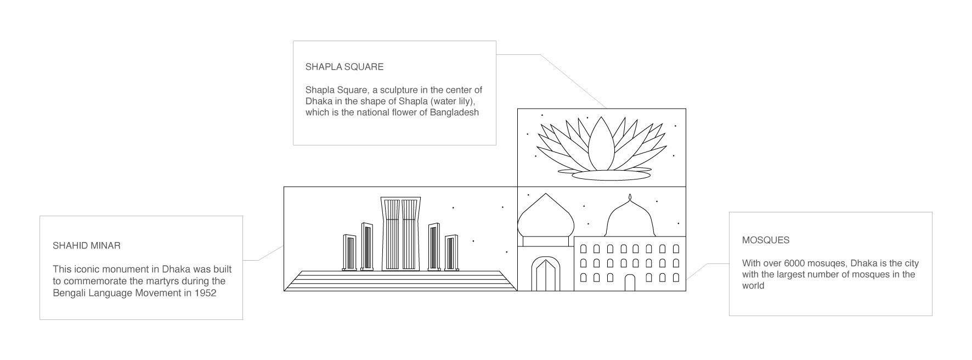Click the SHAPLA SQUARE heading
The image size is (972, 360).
coord(344,67)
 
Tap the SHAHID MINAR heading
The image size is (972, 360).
coord(86,245)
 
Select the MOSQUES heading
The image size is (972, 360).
coord(766,240)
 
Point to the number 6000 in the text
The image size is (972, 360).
coord(795,263)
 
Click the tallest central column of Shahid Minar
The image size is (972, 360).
coord(402,234)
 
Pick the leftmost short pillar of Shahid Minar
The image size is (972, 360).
coord(349,252)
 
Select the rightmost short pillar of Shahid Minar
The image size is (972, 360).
coord(451,252)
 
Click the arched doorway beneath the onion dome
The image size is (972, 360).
coord(545,274)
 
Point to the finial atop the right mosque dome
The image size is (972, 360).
coord(630,198)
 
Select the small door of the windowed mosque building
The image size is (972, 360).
coord(630,283)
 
